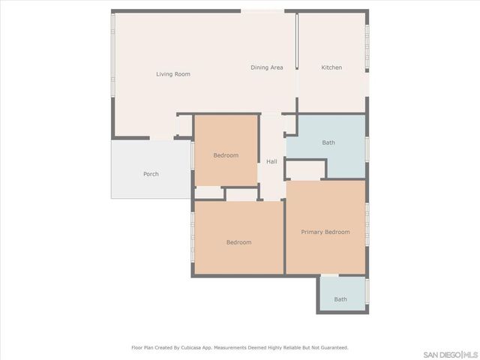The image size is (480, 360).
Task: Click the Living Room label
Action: [x=173, y=74]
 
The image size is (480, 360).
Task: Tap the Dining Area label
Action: [x=266, y=67]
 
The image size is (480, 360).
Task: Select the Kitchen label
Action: [x=331, y=67]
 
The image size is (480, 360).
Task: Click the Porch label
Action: [x=151, y=174]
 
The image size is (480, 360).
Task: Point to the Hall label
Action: [x=271, y=161]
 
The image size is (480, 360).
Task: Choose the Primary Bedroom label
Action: [x=325, y=232]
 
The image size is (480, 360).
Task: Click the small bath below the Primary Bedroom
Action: [x=340, y=299]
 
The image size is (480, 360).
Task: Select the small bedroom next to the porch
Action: [x=226, y=155]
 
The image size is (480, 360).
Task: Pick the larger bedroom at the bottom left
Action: [x=238, y=242]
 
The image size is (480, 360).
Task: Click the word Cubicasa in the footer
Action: [x=192, y=348]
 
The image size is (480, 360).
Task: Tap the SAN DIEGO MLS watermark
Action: [x=450, y=354]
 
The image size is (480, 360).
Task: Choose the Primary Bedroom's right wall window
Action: [x=367, y=225]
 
